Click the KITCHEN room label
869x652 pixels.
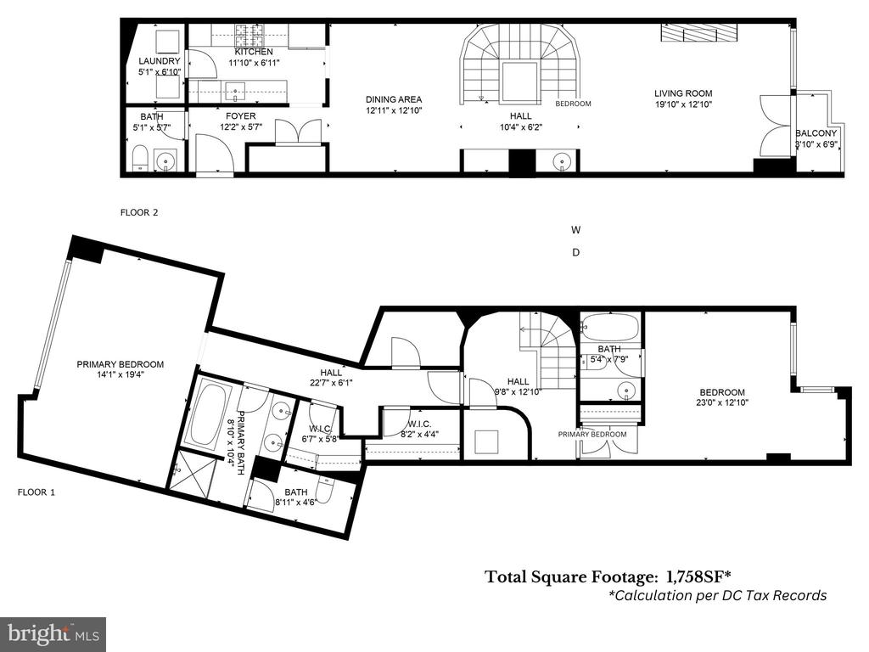(254, 52)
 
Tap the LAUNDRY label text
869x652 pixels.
(159, 61)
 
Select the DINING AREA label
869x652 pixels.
(394, 100)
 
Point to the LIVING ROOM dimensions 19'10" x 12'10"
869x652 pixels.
(683, 104)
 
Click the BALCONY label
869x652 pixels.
(816, 133)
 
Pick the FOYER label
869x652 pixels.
(240, 115)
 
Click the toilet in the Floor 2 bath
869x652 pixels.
(140, 159)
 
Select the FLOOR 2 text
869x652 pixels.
(139, 212)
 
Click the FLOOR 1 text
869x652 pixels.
(36, 492)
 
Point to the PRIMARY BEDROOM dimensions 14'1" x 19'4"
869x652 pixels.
(120, 374)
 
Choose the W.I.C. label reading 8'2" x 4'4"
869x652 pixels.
(419, 430)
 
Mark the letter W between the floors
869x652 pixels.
(576, 229)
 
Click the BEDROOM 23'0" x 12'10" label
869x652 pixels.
(721, 397)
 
